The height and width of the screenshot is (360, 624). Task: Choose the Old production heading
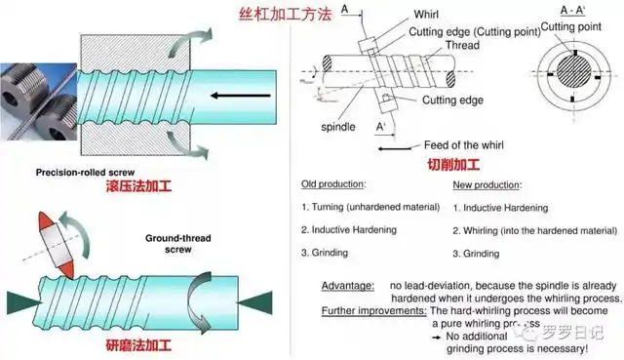tap(333, 183)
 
